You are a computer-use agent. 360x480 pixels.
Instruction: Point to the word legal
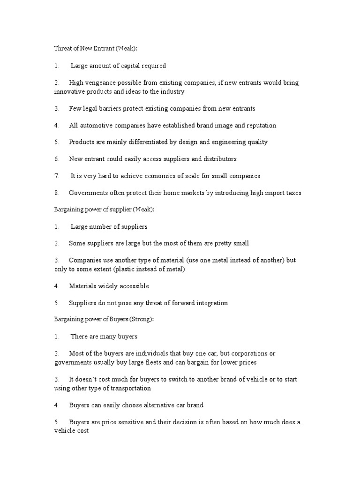pyautogui.click(x=91, y=108)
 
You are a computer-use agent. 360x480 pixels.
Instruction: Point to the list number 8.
pyautogui.click(x=56, y=193)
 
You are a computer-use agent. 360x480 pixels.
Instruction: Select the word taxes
pyautogui.click(x=290, y=193)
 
